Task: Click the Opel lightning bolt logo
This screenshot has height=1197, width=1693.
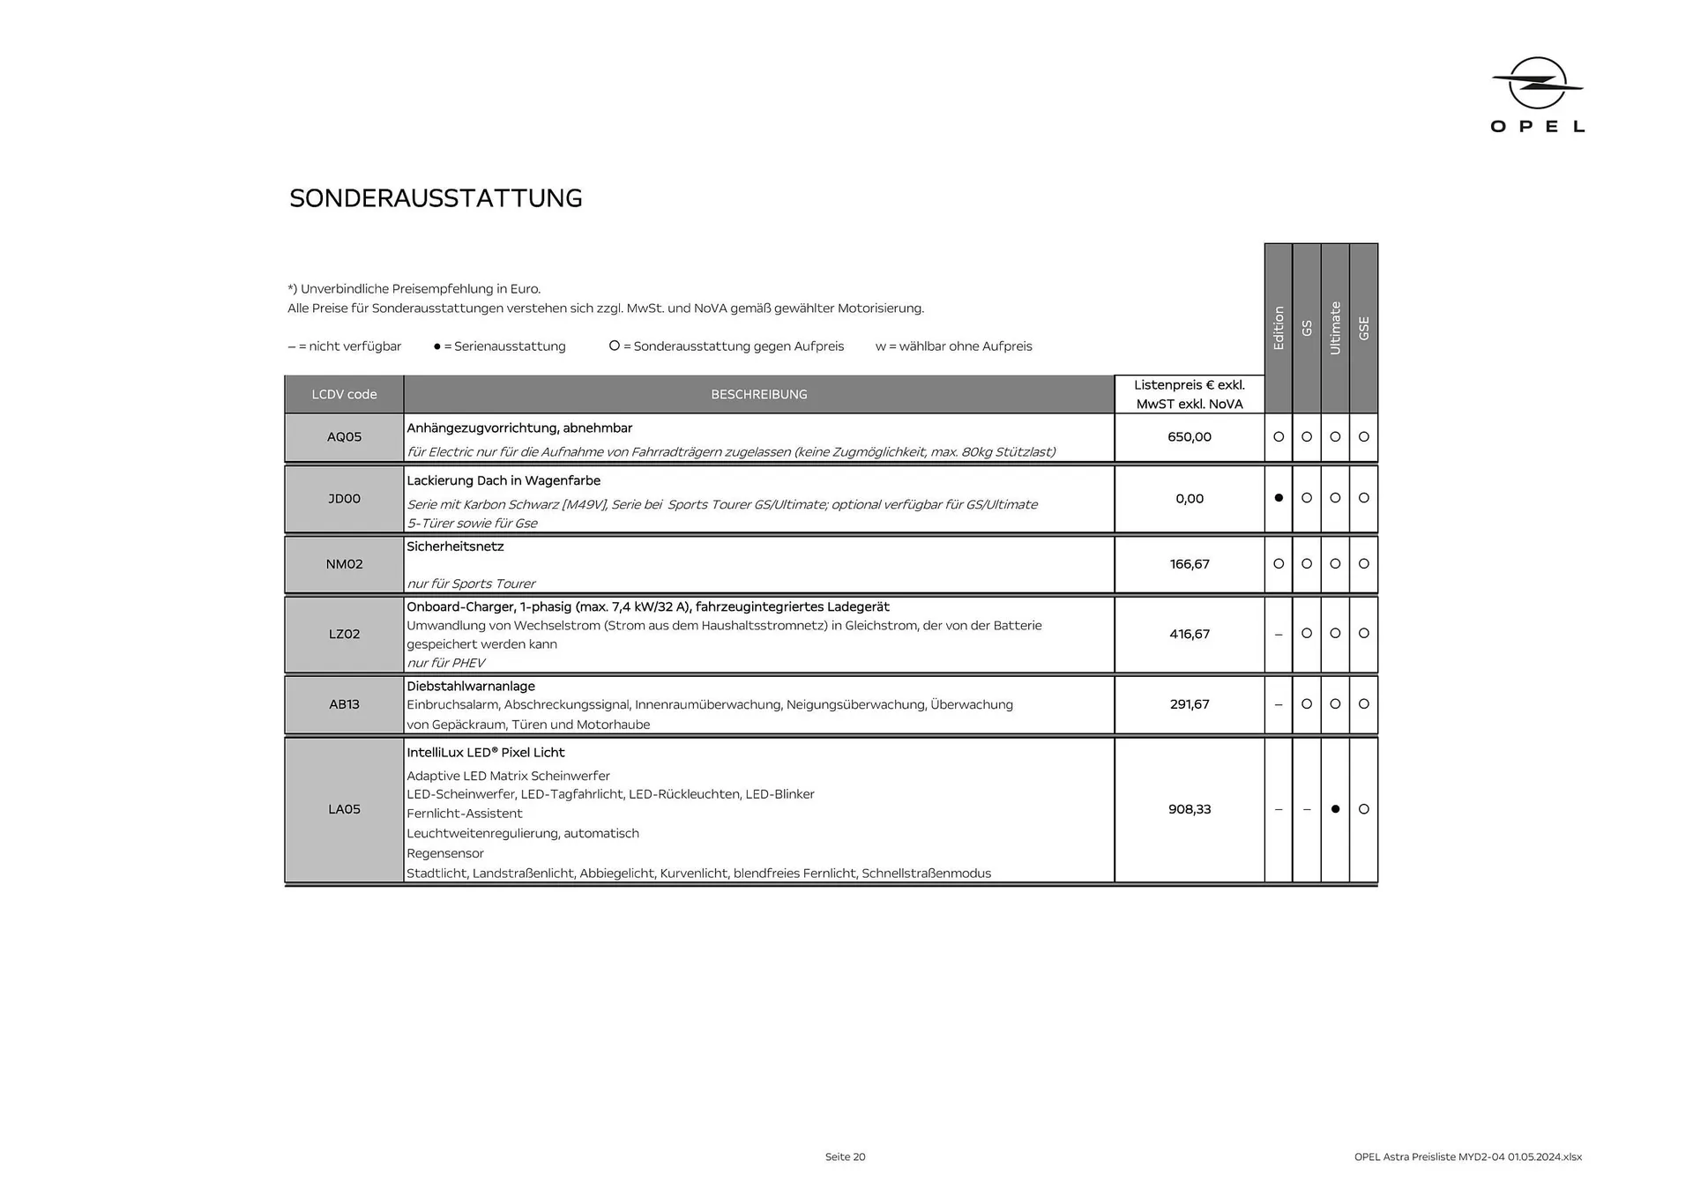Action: (x=1537, y=84)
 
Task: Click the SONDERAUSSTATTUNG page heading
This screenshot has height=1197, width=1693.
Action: (x=436, y=198)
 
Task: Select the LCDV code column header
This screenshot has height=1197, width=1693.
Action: (x=344, y=394)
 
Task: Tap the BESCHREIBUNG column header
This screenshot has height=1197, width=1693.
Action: (x=758, y=394)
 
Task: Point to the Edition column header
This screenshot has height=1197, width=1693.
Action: (x=1279, y=328)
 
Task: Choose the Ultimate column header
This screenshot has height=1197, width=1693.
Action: (x=1335, y=328)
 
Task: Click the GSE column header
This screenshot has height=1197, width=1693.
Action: (x=1364, y=328)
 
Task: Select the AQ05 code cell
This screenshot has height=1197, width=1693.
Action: (x=344, y=437)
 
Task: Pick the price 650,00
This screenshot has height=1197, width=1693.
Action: (x=1189, y=437)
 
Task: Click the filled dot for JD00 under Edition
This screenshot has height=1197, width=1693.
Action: (x=1279, y=498)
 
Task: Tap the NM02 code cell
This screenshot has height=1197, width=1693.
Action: (x=344, y=564)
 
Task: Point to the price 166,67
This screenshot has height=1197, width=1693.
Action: (x=1189, y=564)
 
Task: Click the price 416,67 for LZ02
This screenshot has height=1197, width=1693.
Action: (x=1189, y=634)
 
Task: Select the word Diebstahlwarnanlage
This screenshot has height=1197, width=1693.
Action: (x=471, y=686)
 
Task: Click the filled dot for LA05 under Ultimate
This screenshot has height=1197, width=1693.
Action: (x=1335, y=809)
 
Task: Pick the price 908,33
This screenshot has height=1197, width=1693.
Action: (x=1189, y=809)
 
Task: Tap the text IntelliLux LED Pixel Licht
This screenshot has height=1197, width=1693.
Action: (x=485, y=753)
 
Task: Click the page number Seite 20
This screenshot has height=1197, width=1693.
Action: (x=845, y=1156)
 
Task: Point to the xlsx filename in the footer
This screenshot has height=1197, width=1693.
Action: (x=1467, y=1156)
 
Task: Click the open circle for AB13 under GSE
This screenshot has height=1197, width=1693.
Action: (x=1364, y=704)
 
